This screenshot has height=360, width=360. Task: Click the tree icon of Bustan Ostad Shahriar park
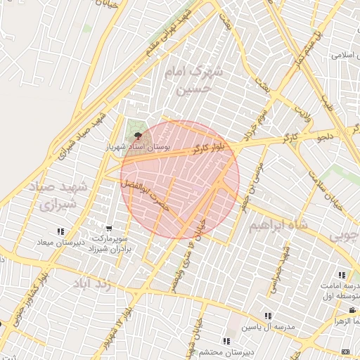[138, 135]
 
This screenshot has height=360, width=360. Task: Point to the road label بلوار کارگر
[210, 149]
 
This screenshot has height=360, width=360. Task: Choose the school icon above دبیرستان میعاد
[61, 231]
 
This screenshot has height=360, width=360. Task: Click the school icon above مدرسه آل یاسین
[267, 316]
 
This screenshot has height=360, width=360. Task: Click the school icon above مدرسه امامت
[342, 275]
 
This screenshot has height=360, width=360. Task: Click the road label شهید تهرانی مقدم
[169, 33]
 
